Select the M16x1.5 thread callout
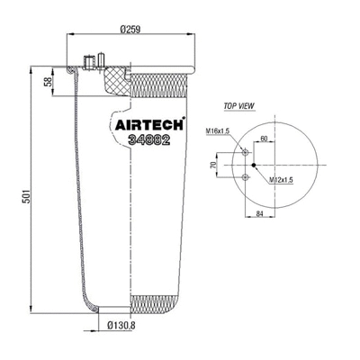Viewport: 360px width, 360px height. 217,131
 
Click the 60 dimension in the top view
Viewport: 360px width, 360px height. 265,139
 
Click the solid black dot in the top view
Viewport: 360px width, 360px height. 255,166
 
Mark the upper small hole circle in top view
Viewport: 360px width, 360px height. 245,152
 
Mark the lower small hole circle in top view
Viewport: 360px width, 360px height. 245,179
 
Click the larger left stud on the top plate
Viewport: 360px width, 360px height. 88,61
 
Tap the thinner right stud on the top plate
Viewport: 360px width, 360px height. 101,60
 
